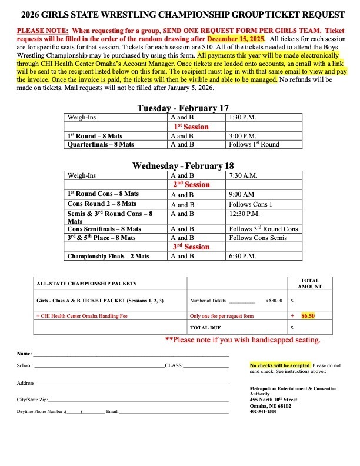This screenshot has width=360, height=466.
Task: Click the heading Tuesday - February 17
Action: click(182, 108)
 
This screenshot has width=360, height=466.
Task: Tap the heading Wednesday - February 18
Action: click(183, 166)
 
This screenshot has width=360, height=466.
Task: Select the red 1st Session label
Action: click(191, 127)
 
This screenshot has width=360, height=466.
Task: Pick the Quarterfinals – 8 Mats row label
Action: click(101, 144)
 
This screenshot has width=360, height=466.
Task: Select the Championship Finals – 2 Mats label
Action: click(108, 257)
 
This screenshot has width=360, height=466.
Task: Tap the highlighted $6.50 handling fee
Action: click(308, 315)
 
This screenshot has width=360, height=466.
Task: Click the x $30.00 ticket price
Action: click(274, 301)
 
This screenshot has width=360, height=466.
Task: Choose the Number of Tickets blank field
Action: click(242, 301)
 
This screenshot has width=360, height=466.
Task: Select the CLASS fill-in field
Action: click(206, 366)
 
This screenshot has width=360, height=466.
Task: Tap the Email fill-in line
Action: click(174, 411)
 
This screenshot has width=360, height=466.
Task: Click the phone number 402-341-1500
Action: click(264, 412)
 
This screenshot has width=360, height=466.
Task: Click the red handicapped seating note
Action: click(243, 340)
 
